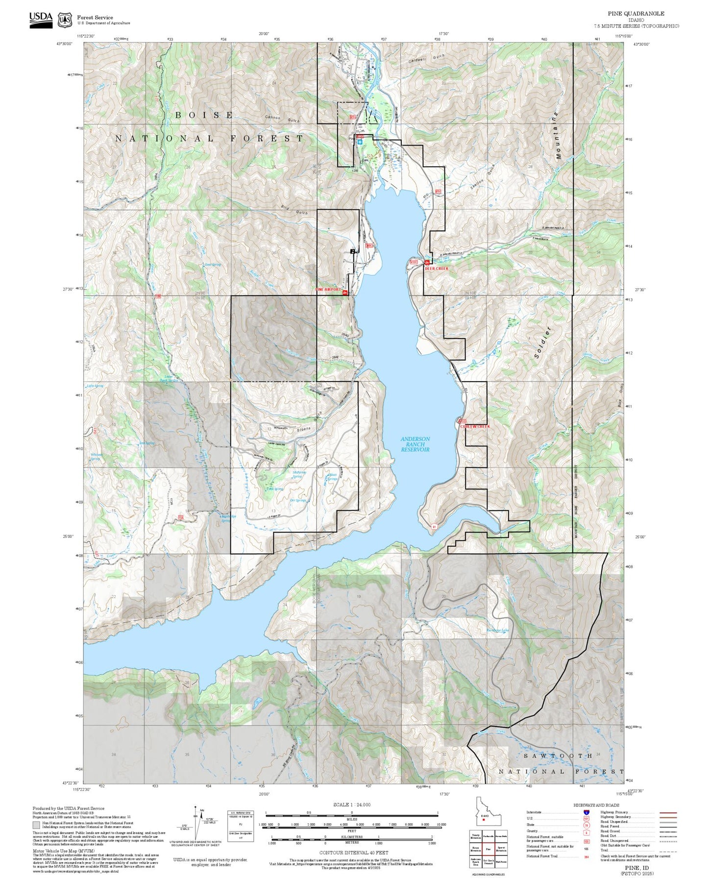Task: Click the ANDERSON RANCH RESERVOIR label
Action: point(415,444)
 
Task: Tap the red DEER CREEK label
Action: point(436,269)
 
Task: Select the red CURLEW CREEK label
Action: point(474,426)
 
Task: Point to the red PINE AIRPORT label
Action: point(328,290)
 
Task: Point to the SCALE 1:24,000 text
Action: point(352,805)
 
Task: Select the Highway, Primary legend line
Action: point(668,812)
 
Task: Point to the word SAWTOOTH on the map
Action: point(558,756)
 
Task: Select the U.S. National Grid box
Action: point(241,826)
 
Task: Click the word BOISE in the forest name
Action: point(204,115)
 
